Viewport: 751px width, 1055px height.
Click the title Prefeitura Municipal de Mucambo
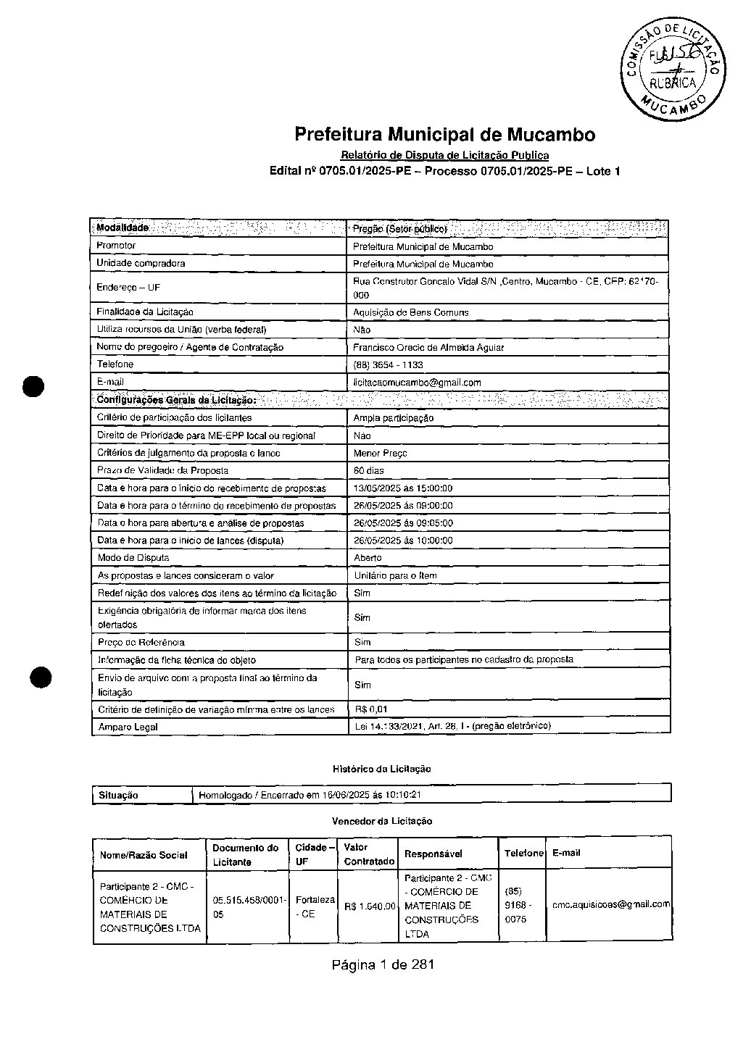tap(444, 135)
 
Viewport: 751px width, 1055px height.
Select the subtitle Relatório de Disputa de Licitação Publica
tap(444, 155)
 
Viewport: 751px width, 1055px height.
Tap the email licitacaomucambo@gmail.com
tap(417, 383)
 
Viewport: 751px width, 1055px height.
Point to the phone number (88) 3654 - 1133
tap(388, 365)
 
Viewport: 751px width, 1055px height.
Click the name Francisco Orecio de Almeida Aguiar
tap(428, 347)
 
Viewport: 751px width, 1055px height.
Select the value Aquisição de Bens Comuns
tap(410, 312)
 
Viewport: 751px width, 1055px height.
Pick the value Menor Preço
tap(380, 453)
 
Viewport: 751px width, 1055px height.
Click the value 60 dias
tap(368, 471)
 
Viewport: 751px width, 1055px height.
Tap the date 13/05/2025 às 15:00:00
tap(402, 488)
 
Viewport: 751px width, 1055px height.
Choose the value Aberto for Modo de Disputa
tap(368, 558)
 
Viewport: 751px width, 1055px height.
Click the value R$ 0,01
tap(371, 709)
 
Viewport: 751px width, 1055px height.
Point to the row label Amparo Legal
tap(128, 727)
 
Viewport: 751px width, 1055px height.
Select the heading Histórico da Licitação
tap(381, 769)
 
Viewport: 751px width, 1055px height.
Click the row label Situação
tap(118, 795)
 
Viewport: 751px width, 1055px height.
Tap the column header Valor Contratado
tap(369, 854)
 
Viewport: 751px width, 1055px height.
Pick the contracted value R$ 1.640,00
tap(370, 906)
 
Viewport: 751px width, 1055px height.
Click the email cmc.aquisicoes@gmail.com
tap(610, 904)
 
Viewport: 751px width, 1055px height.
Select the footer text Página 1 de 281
tap(383, 964)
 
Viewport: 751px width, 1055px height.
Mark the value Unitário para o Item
tap(395, 575)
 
